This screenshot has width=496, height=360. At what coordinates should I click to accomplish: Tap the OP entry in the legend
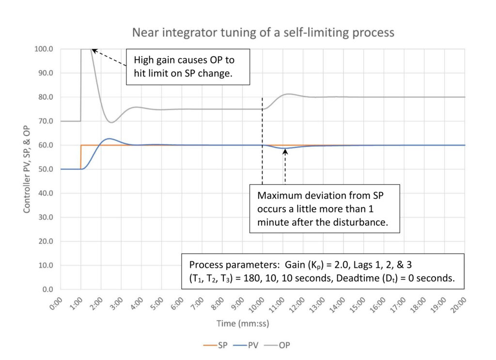click(280, 345)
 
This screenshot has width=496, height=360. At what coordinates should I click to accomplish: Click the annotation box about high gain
click(188, 67)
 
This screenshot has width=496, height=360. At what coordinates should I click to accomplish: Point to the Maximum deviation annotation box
click(325, 208)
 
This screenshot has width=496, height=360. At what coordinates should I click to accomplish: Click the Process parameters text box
click(323, 271)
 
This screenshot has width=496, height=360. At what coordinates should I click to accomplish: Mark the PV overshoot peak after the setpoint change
click(109, 139)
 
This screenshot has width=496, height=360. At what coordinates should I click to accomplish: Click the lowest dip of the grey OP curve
click(111, 122)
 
